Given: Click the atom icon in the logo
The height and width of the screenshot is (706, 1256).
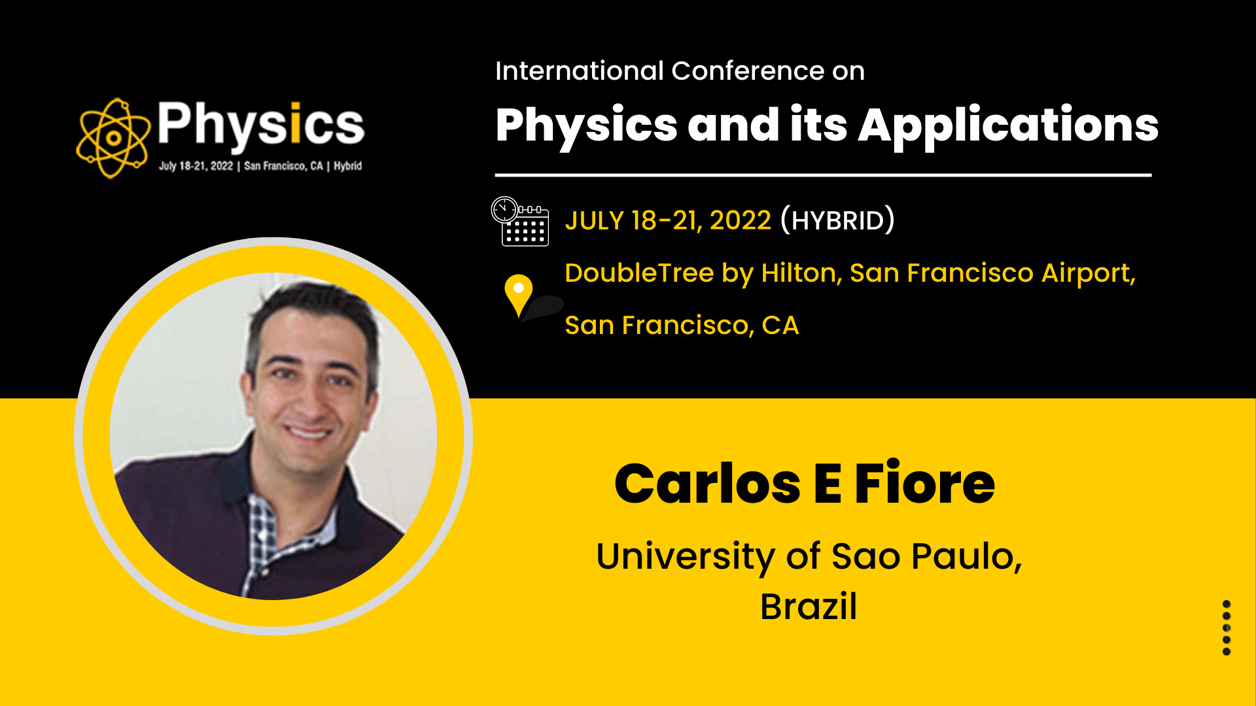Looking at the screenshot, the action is [x=113, y=138].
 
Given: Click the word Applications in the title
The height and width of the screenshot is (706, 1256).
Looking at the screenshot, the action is [x=1008, y=127].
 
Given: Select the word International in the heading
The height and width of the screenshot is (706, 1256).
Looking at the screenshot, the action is [x=580, y=71].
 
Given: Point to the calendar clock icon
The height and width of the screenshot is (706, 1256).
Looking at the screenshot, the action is [x=520, y=221].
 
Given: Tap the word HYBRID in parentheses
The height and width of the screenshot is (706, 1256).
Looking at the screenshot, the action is [x=837, y=220].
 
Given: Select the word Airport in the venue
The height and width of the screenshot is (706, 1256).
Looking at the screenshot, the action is [x=1088, y=273].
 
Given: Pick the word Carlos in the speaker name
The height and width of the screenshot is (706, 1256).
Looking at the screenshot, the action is [x=707, y=484].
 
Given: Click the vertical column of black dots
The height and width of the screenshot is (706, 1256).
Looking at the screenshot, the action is [x=1227, y=628].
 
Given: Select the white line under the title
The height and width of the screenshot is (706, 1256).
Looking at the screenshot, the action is [x=823, y=175].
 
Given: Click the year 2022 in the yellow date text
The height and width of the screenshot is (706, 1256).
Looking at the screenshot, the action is [x=741, y=220].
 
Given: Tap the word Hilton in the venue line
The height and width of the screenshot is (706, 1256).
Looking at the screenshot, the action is [x=802, y=273].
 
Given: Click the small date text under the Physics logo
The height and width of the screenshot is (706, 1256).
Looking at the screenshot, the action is [x=260, y=166].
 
